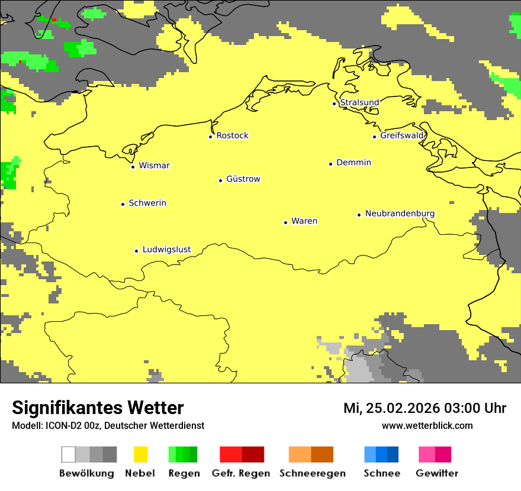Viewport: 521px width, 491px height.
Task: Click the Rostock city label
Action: click(232, 135)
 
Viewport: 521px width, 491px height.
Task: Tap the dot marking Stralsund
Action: click(334, 104)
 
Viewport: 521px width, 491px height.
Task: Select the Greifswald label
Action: click(402, 135)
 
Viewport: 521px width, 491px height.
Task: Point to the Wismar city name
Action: click(154, 166)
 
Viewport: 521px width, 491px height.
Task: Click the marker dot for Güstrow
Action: click(220, 180)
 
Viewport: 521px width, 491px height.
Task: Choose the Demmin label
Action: click(353, 163)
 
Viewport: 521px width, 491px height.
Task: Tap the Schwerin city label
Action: click(147, 203)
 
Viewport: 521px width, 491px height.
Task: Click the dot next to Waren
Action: click(285, 223)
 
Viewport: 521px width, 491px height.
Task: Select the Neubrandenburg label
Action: click(400, 214)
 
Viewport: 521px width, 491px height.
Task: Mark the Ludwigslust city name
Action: click(166, 250)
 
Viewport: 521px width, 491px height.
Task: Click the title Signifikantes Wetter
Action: click(98, 408)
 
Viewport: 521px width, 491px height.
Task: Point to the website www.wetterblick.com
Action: click(427, 425)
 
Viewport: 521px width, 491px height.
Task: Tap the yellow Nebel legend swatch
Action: click(140, 454)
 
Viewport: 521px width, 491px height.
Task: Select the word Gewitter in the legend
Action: click(436, 473)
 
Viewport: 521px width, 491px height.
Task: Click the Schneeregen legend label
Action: click(312, 473)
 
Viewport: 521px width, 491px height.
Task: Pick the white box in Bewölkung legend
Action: click(69, 454)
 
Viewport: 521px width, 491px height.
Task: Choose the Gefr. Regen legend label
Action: click(240, 473)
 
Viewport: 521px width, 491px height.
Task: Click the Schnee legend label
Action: click(381, 473)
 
